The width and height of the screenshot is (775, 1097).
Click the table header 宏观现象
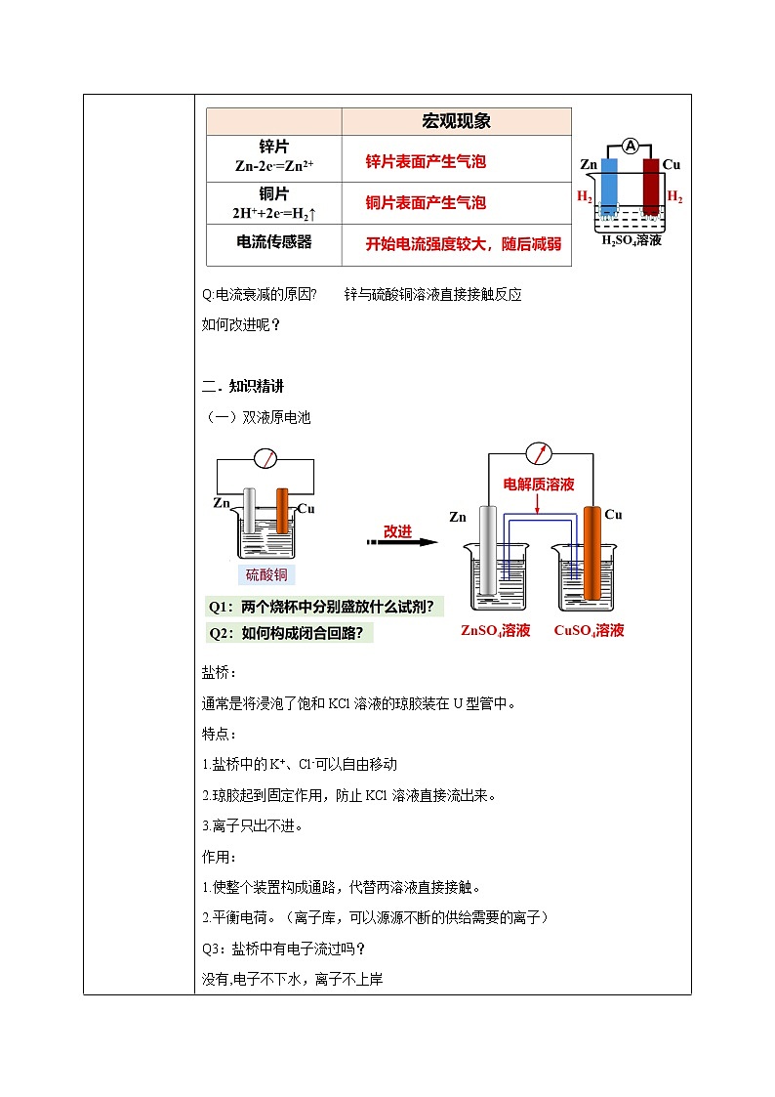pyautogui.click(x=456, y=122)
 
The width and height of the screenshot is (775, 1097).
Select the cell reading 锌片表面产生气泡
pyautogui.click(x=426, y=162)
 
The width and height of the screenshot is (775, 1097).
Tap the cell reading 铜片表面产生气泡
pyautogui.click(x=426, y=203)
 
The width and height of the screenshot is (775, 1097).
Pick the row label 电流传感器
pyautogui.click(x=274, y=242)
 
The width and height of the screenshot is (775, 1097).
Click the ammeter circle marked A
pyautogui.click(x=631, y=147)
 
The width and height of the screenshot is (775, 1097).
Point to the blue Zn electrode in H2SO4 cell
pyautogui.click(x=609, y=186)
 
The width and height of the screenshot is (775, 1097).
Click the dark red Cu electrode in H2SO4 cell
pyautogui.click(x=651, y=186)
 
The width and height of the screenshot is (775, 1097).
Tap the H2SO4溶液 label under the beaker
pyautogui.click(x=631, y=240)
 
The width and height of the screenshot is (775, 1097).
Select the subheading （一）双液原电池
pyautogui.click(x=256, y=417)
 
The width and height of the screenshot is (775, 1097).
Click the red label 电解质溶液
pyautogui.click(x=539, y=485)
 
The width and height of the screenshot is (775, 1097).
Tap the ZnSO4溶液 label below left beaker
pyautogui.click(x=495, y=631)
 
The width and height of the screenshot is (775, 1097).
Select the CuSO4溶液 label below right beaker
pyautogui.click(x=589, y=631)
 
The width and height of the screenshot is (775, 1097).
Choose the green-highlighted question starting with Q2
pyautogui.click(x=291, y=633)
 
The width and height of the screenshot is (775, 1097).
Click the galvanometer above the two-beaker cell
pyautogui.click(x=538, y=453)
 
